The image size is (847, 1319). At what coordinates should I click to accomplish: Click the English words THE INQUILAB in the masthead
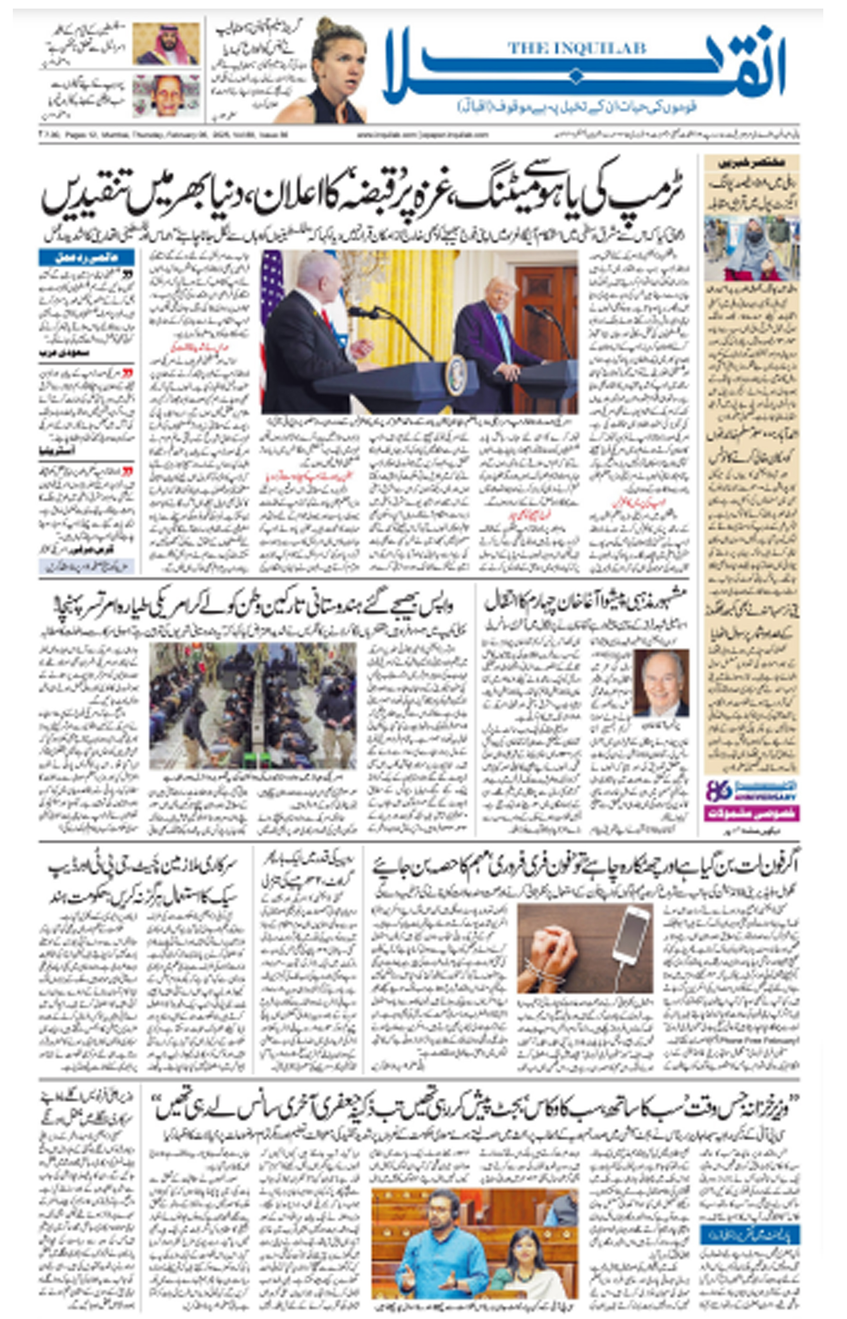(x=576, y=48)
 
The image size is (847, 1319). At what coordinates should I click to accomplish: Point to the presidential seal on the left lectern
(x=456, y=376)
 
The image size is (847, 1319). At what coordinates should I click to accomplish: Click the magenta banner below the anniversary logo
(x=751, y=813)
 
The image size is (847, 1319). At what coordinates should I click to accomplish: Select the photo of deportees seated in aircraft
(x=252, y=706)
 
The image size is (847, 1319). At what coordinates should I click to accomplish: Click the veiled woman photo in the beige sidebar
(x=752, y=249)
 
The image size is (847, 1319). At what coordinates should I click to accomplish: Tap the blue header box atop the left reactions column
(x=86, y=258)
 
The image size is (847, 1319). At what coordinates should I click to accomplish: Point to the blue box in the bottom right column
(x=750, y=1236)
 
